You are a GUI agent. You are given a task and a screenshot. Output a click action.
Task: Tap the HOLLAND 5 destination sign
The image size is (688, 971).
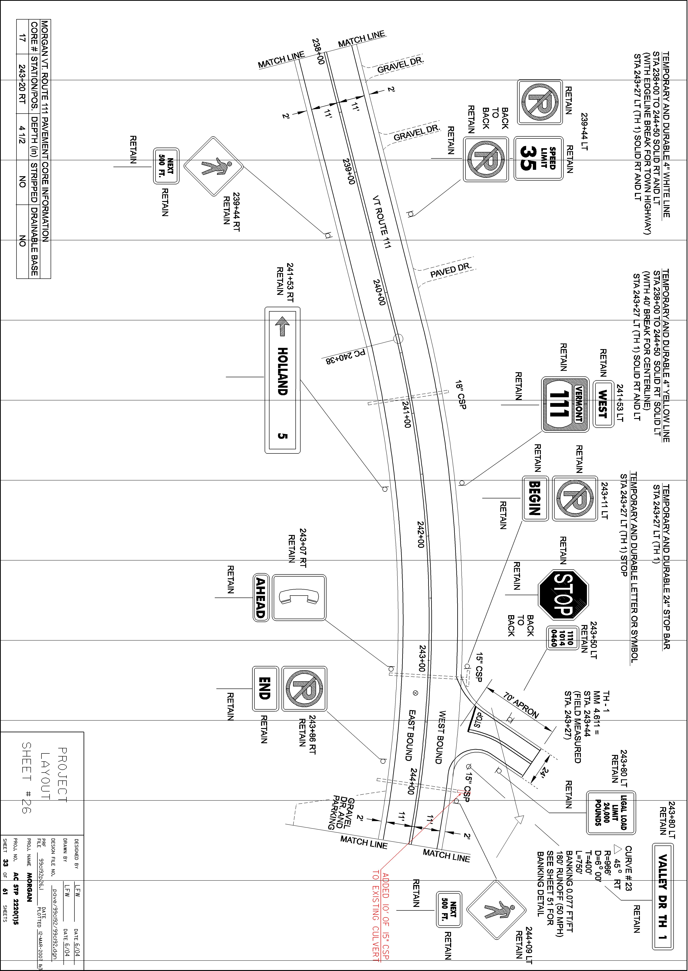click(x=283, y=380)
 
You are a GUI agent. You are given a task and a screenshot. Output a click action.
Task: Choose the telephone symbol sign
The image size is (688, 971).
click(x=299, y=598)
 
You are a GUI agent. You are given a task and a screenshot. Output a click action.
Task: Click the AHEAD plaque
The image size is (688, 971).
click(x=261, y=598)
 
